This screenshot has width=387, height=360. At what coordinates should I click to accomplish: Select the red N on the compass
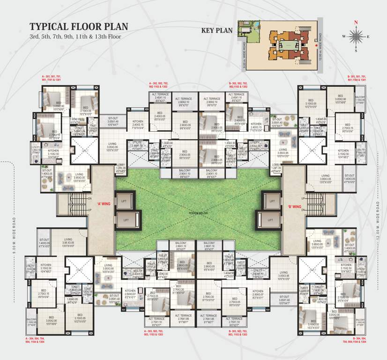click(356, 22)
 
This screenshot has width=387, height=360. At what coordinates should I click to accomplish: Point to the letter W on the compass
click(344, 36)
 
